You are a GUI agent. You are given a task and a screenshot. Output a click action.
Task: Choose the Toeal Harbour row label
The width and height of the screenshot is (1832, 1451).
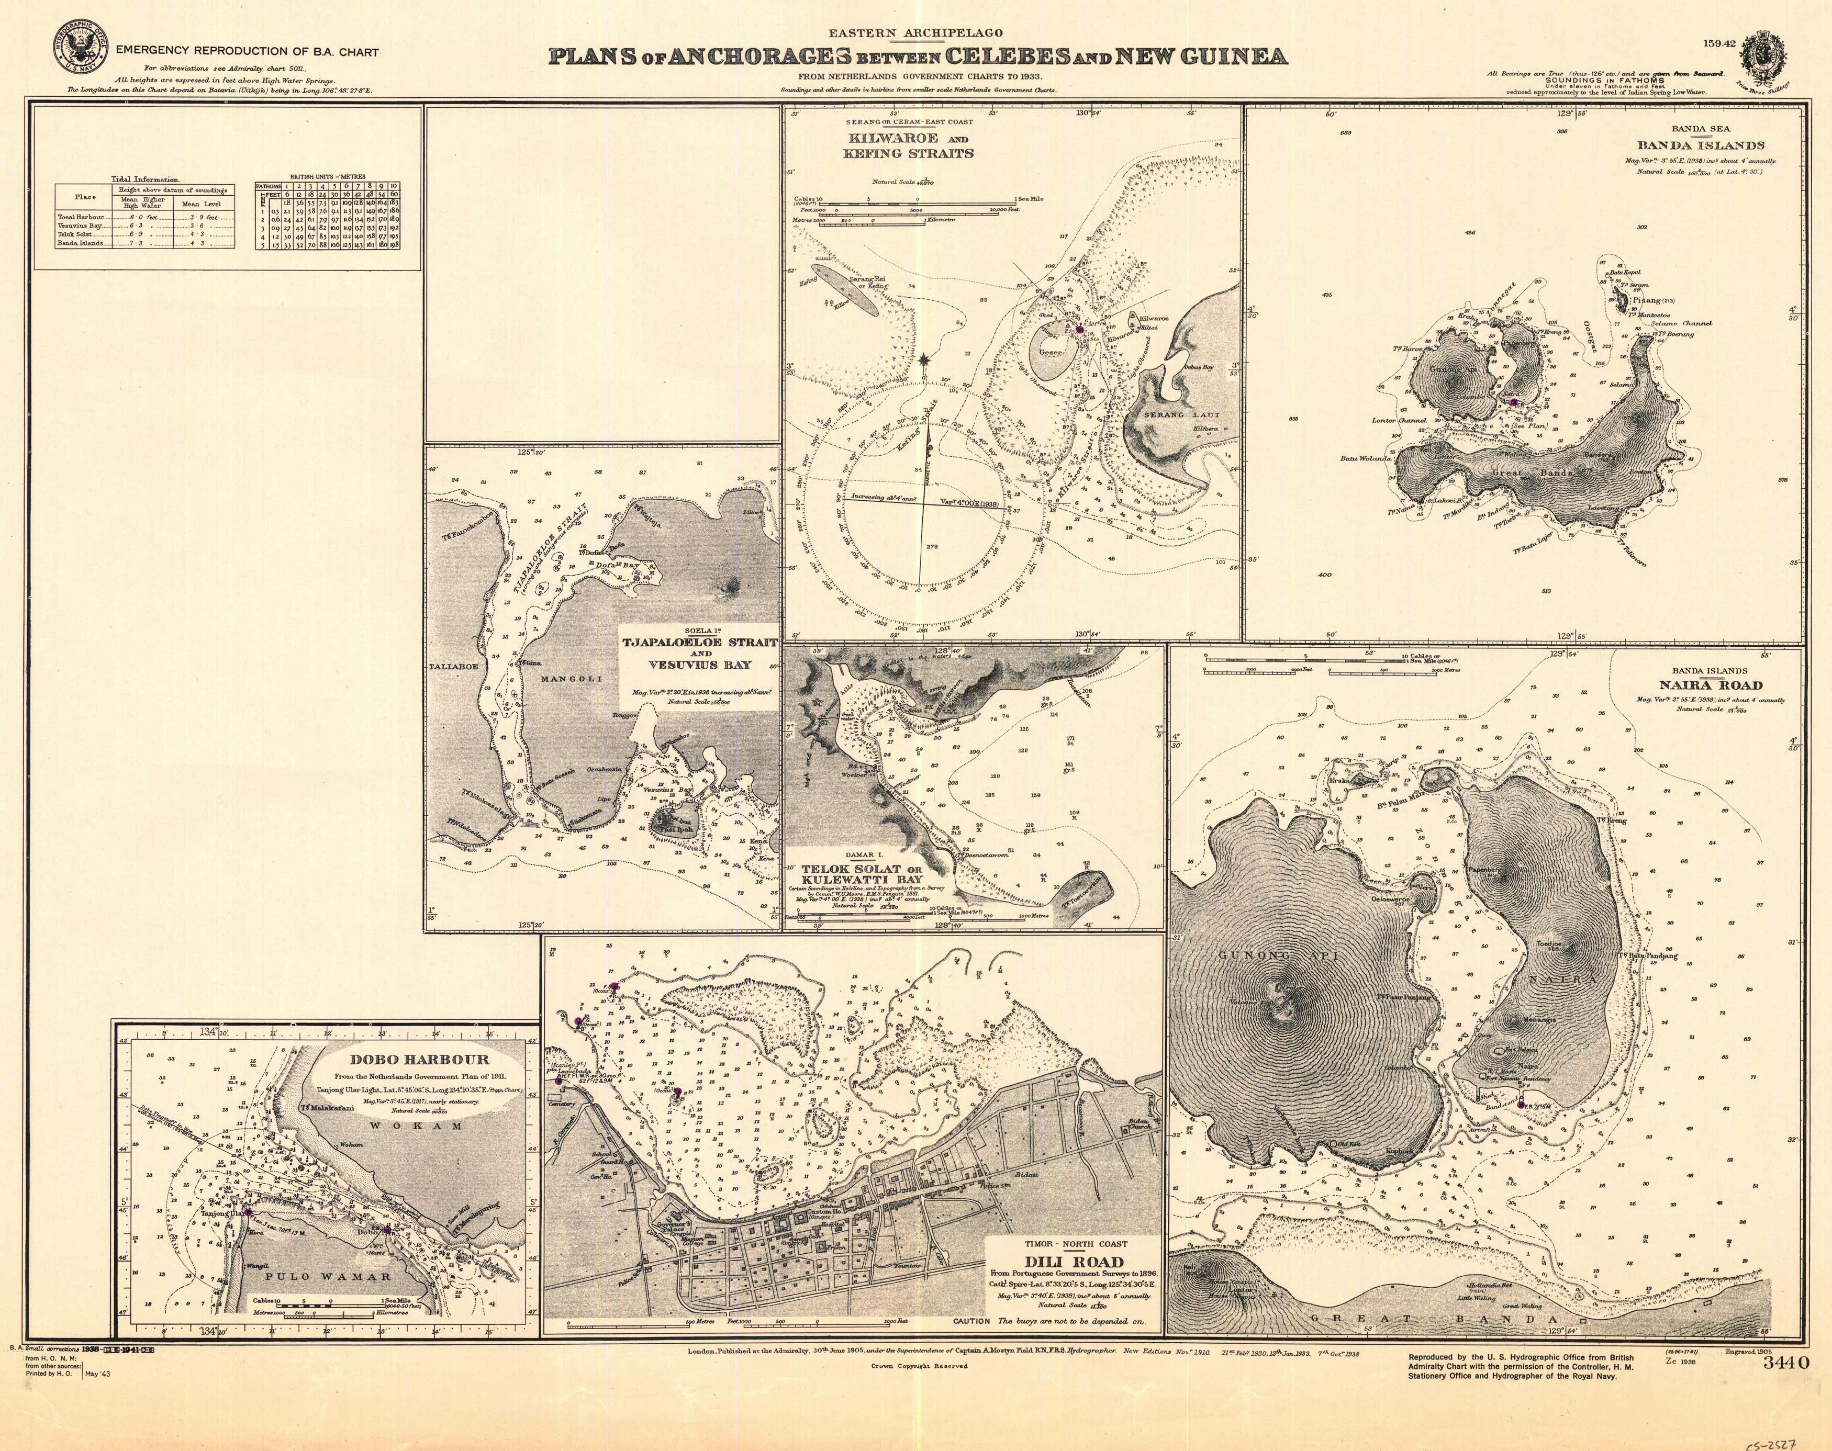click(81, 217)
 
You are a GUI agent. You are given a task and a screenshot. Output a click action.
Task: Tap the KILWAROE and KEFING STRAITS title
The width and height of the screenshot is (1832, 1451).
click(908, 146)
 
